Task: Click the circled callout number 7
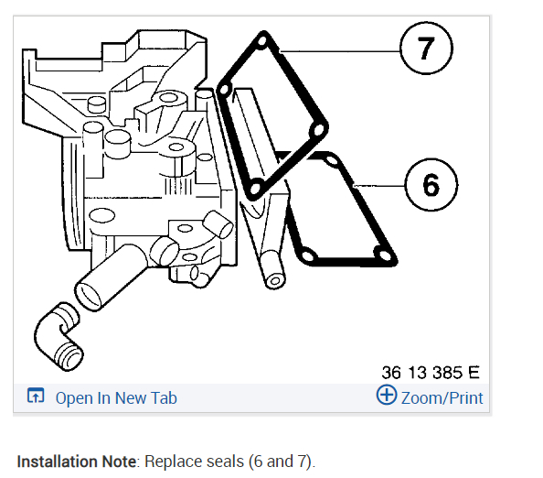[x=426, y=48]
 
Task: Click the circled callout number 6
[x=431, y=185]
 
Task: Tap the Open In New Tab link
[x=116, y=397]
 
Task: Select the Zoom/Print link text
[x=442, y=397]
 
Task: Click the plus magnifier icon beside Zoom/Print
[x=387, y=395]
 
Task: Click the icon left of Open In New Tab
[x=36, y=396]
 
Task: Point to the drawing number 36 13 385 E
[x=431, y=373]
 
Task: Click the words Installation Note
[x=77, y=462]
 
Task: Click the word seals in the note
[x=225, y=462]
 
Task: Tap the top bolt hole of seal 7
[x=262, y=41]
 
